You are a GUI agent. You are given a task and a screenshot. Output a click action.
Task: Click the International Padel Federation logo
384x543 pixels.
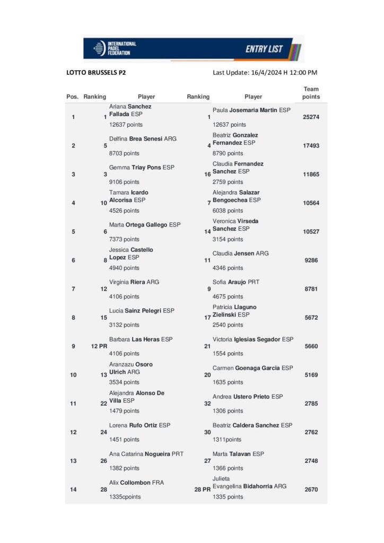click(x=114, y=48)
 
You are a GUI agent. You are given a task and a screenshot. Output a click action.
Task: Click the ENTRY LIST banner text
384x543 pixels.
click(x=264, y=49)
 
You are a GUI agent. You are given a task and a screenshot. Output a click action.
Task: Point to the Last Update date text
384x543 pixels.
click(x=265, y=73)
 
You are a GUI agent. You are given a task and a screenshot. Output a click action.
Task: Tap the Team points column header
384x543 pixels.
click(x=311, y=93)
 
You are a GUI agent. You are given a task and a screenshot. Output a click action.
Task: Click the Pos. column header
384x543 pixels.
click(x=73, y=97)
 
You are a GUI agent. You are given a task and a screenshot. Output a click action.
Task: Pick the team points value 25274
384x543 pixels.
click(x=311, y=117)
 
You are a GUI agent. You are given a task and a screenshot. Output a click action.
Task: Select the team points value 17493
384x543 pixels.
click(x=311, y=145)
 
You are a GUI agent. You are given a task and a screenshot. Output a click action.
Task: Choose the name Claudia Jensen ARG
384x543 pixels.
click(x=240, y=253)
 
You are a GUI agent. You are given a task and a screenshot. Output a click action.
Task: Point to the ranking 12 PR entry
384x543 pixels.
click(x=99, y=346)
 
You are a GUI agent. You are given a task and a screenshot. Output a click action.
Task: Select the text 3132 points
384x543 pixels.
click(x=124, y=325)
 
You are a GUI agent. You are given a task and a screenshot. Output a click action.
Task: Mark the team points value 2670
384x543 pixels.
click(x=311, y=490)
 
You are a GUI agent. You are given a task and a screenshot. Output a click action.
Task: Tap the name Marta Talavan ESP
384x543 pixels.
click(x=238, y=454)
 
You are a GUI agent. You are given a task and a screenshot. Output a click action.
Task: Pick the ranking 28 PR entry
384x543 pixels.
click(x=203, y=490)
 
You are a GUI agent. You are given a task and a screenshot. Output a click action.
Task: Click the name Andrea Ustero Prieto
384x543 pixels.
click(x=248, y=397)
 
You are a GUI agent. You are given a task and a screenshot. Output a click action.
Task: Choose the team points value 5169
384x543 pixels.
click(x=311, y=375)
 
